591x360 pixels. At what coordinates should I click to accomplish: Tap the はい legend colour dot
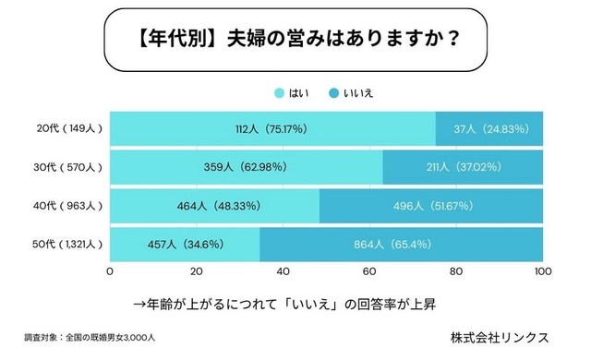[278, 93]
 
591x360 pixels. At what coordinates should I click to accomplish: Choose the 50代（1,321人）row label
[61, 245]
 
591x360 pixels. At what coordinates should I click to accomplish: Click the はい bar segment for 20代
[272, 128]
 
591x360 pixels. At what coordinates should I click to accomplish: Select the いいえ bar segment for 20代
[489, 128]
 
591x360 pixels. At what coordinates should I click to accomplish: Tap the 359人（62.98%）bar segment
[246, 167]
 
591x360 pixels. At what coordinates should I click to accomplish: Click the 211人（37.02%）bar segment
[463, 167]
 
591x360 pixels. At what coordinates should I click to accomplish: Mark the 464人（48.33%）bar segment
[214, 206]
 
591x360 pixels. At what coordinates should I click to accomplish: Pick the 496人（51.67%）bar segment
[431, 206]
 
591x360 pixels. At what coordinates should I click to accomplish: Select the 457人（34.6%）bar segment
[185, 245]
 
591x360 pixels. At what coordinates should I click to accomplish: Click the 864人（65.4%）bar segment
[402, 245]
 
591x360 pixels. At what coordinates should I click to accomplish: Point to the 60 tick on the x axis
[370, 272]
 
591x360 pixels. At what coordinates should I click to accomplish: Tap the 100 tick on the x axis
[542, 272]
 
